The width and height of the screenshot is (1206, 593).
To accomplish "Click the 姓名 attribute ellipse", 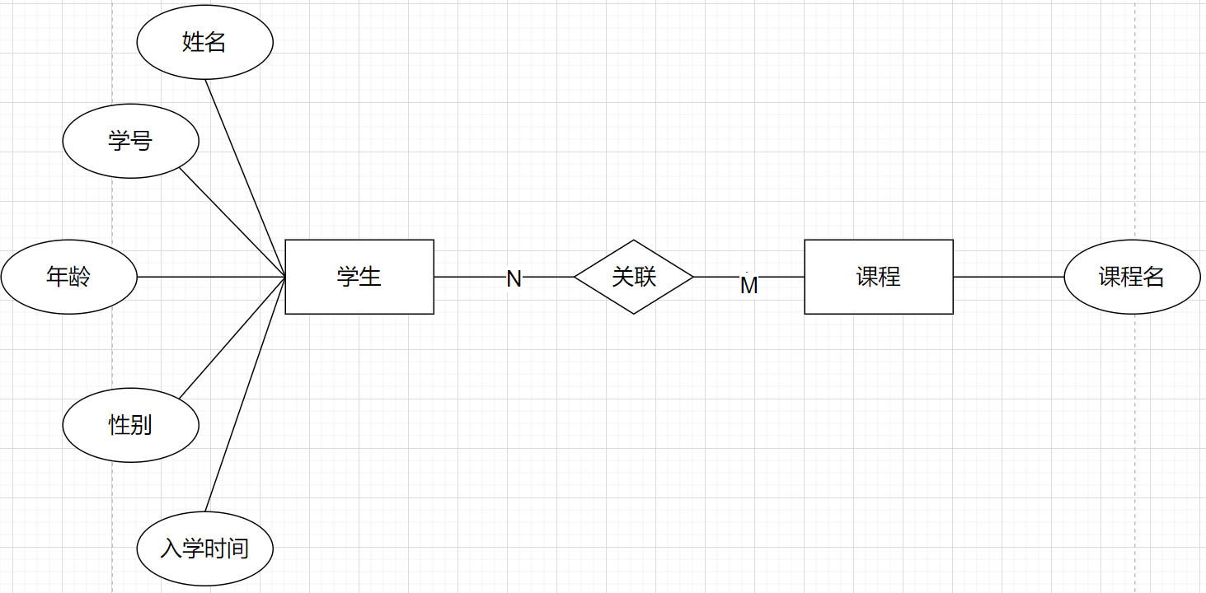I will click(204, 42).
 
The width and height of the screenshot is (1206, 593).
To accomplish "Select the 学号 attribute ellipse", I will click(130, 141).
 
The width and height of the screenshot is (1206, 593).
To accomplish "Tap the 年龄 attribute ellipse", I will click(68, 277).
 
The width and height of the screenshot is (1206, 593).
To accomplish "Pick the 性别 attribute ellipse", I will click(130, 425).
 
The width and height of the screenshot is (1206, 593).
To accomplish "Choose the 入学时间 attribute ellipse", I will click(204, 549).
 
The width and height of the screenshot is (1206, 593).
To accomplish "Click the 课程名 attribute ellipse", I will click(1132, 277).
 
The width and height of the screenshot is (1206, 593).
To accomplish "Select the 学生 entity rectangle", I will click(359, 277).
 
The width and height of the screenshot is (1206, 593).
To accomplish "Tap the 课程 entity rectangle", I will click(879, 277).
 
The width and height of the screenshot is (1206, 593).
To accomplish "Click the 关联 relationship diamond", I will click(634, 277).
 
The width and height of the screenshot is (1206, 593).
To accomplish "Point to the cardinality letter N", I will click(514, 279).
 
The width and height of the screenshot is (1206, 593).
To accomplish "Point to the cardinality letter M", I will click(748, 286).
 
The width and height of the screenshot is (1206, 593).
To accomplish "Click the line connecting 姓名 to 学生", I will click(245, 178).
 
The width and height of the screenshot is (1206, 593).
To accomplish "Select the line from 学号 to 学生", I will click(232, 222).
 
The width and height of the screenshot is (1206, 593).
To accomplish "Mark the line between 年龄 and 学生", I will click(210, 277).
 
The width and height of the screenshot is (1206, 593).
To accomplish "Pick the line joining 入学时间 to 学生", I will click(245, 394).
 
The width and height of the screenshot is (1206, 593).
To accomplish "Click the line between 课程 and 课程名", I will click(1008, 277).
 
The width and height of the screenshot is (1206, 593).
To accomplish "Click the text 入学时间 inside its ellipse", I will click(204, 549).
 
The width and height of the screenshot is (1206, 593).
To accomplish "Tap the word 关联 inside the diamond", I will click(634, 277).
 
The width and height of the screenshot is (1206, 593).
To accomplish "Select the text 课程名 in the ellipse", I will click(1132, 277).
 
